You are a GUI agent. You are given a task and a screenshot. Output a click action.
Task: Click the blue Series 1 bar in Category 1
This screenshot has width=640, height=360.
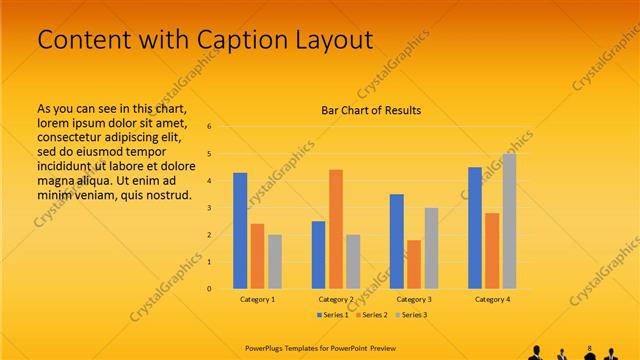240,231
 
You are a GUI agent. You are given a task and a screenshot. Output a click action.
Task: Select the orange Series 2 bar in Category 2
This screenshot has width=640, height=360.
336,229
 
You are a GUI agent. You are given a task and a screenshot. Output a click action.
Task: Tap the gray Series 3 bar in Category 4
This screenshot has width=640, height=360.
509,221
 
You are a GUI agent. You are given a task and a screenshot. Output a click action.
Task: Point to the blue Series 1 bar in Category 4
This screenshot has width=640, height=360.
475,228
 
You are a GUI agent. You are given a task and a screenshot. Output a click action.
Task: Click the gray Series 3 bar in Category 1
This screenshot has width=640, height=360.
275,262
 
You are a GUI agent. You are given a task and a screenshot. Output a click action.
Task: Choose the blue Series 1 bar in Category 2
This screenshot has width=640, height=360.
318,255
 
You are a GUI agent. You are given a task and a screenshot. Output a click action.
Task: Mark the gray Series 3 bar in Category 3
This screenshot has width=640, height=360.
431,248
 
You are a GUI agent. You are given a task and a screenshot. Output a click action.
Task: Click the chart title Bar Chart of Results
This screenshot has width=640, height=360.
371,110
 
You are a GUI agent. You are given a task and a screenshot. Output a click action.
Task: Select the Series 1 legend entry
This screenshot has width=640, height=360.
334,315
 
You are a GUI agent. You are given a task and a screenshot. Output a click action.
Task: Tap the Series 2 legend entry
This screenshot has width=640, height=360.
371,315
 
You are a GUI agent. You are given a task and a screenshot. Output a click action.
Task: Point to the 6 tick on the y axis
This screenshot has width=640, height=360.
210,127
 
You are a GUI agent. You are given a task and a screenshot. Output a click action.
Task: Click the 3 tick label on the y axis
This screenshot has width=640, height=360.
210,208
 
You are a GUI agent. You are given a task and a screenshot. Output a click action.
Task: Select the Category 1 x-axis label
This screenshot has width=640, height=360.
258,299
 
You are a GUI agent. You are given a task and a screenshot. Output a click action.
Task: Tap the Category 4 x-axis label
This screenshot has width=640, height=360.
492,299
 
